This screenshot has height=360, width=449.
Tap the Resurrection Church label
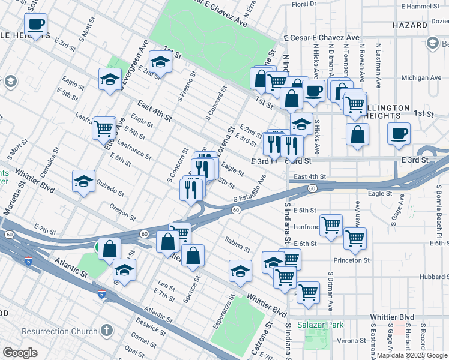click(59, 331)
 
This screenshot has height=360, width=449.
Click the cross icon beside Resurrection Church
click(106, 330)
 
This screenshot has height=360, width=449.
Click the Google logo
click(20, 353)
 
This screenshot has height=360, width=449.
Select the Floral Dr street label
click(303, 4)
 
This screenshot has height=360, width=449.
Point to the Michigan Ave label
click(421, 78)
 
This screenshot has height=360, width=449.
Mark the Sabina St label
click(237, 244)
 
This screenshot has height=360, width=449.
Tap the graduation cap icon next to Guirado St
click(84, 181)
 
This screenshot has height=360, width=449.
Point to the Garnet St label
click(143, 341)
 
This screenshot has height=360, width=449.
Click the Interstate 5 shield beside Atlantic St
click(101, 295)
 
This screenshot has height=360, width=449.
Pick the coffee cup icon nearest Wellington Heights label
click(397, 134)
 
